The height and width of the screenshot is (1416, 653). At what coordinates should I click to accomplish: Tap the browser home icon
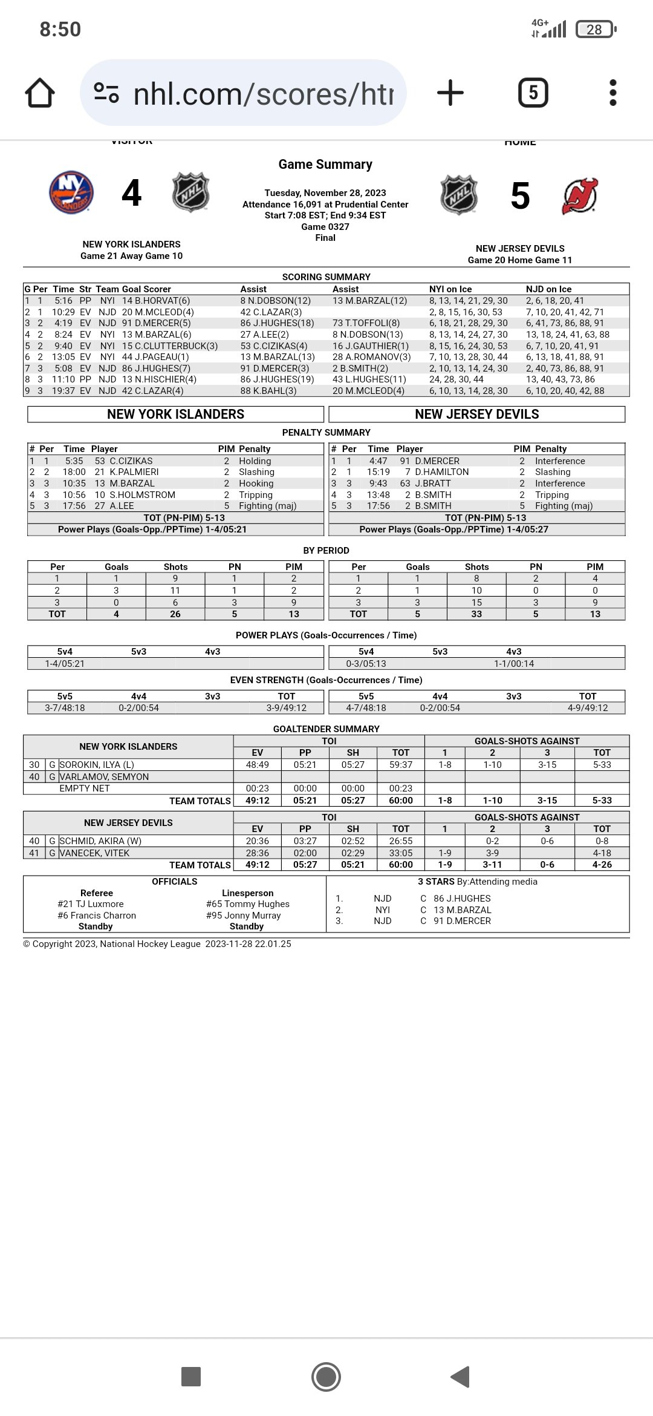[x=40, y=93]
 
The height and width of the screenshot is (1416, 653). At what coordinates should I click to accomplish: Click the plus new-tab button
[x=450, y=93]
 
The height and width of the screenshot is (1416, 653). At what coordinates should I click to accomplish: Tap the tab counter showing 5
[x=533, y=93]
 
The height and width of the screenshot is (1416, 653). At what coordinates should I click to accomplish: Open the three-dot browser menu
[x=612, y=93]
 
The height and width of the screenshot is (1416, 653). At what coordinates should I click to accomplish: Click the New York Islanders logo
[x=71, y=193]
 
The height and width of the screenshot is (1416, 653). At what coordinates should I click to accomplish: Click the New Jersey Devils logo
[x=580, y=196]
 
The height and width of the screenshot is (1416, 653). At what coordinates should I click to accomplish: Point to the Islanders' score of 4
[x=131, y=194]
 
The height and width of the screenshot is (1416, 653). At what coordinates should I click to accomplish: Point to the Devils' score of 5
[x=520, y=197]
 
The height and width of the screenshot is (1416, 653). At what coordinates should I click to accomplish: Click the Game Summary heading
[x=325, y=165]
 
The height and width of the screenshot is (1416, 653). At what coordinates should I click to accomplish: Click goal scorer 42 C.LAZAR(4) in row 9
[x=152, y=391]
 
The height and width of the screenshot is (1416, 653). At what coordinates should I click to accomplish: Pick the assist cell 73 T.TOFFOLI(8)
[x=366, y=323]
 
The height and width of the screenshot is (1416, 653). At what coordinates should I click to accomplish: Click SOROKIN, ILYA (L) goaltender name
[x=97, y=765]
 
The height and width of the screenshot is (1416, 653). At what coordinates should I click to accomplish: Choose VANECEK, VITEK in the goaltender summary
[x=94, y=853]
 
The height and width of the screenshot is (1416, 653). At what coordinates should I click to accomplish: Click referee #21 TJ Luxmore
[x=91, y=904]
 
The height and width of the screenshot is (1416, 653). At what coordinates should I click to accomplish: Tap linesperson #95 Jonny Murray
[x=244, y=916]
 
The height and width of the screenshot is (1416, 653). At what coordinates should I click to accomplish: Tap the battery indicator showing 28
[x=596, y=29]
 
